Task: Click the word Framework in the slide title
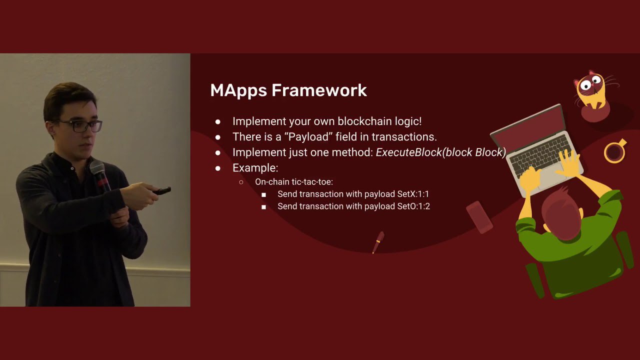tap(319, 90)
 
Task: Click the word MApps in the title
tap(238, 91)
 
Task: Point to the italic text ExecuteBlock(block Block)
tap(441, 152)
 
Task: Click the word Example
tap(255, 168)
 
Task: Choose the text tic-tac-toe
tap(312, 181)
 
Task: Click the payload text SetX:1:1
tap(413, 194)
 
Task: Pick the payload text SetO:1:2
tap(413, 206)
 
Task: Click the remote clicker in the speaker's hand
tap(161, 190)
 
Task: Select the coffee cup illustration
tap(615, 151)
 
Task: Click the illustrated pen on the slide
tap(378, 242)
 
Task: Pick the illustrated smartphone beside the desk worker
tap(479, 217)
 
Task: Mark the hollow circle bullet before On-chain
tap(241, 182)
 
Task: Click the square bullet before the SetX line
tap(263, 195)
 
